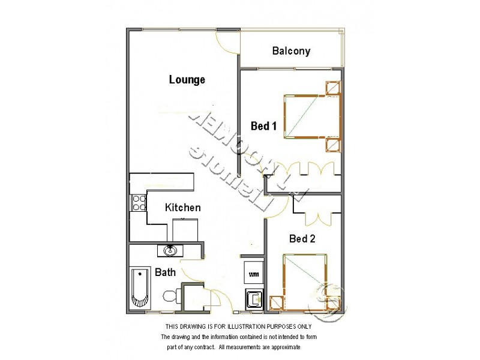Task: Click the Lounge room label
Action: pyautogui.click(x=187, y=79)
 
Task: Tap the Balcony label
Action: pyautogui.click(x=291, y=50)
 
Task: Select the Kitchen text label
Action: pyautogui.click(x=183, y=208)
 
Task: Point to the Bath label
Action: pyautogui.click(x=166, y=272)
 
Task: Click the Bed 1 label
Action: pyautogui.click(x=263, y=126)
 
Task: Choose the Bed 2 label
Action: pyautogui.click(x=302, y=238)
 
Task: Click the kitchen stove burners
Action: pyautogui.click(x=139, y=203)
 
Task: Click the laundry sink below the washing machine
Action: pyautogui.click(x=253, y=298)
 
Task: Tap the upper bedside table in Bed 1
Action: pyautogui.click(x=332, y=88)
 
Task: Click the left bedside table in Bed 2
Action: pyautogui.click(x=276, y=303)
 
